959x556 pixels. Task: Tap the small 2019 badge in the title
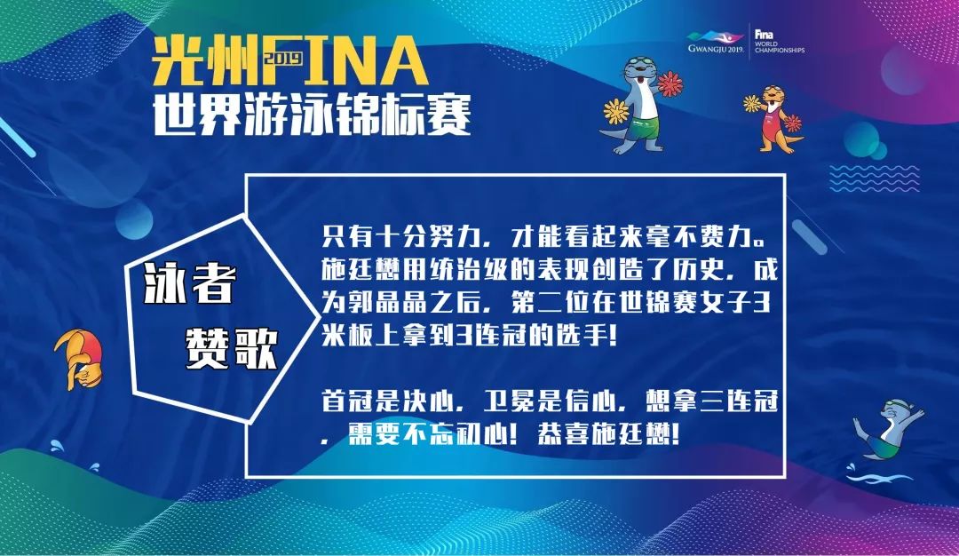click(x=284, y=58)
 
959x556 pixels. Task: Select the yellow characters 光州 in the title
click(x=205, y=60)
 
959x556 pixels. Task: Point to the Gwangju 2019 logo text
click(x=715, y=49)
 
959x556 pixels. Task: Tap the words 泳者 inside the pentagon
click(x=191, y=284)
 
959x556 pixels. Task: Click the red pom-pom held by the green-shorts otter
click(x=670, y=83)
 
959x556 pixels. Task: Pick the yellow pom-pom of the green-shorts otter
click(x=616, y=111)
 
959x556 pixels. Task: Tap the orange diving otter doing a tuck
click(x=79, y=359)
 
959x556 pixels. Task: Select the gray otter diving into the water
click(x=887, y=429)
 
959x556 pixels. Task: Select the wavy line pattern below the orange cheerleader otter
click(x=874, y=178)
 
